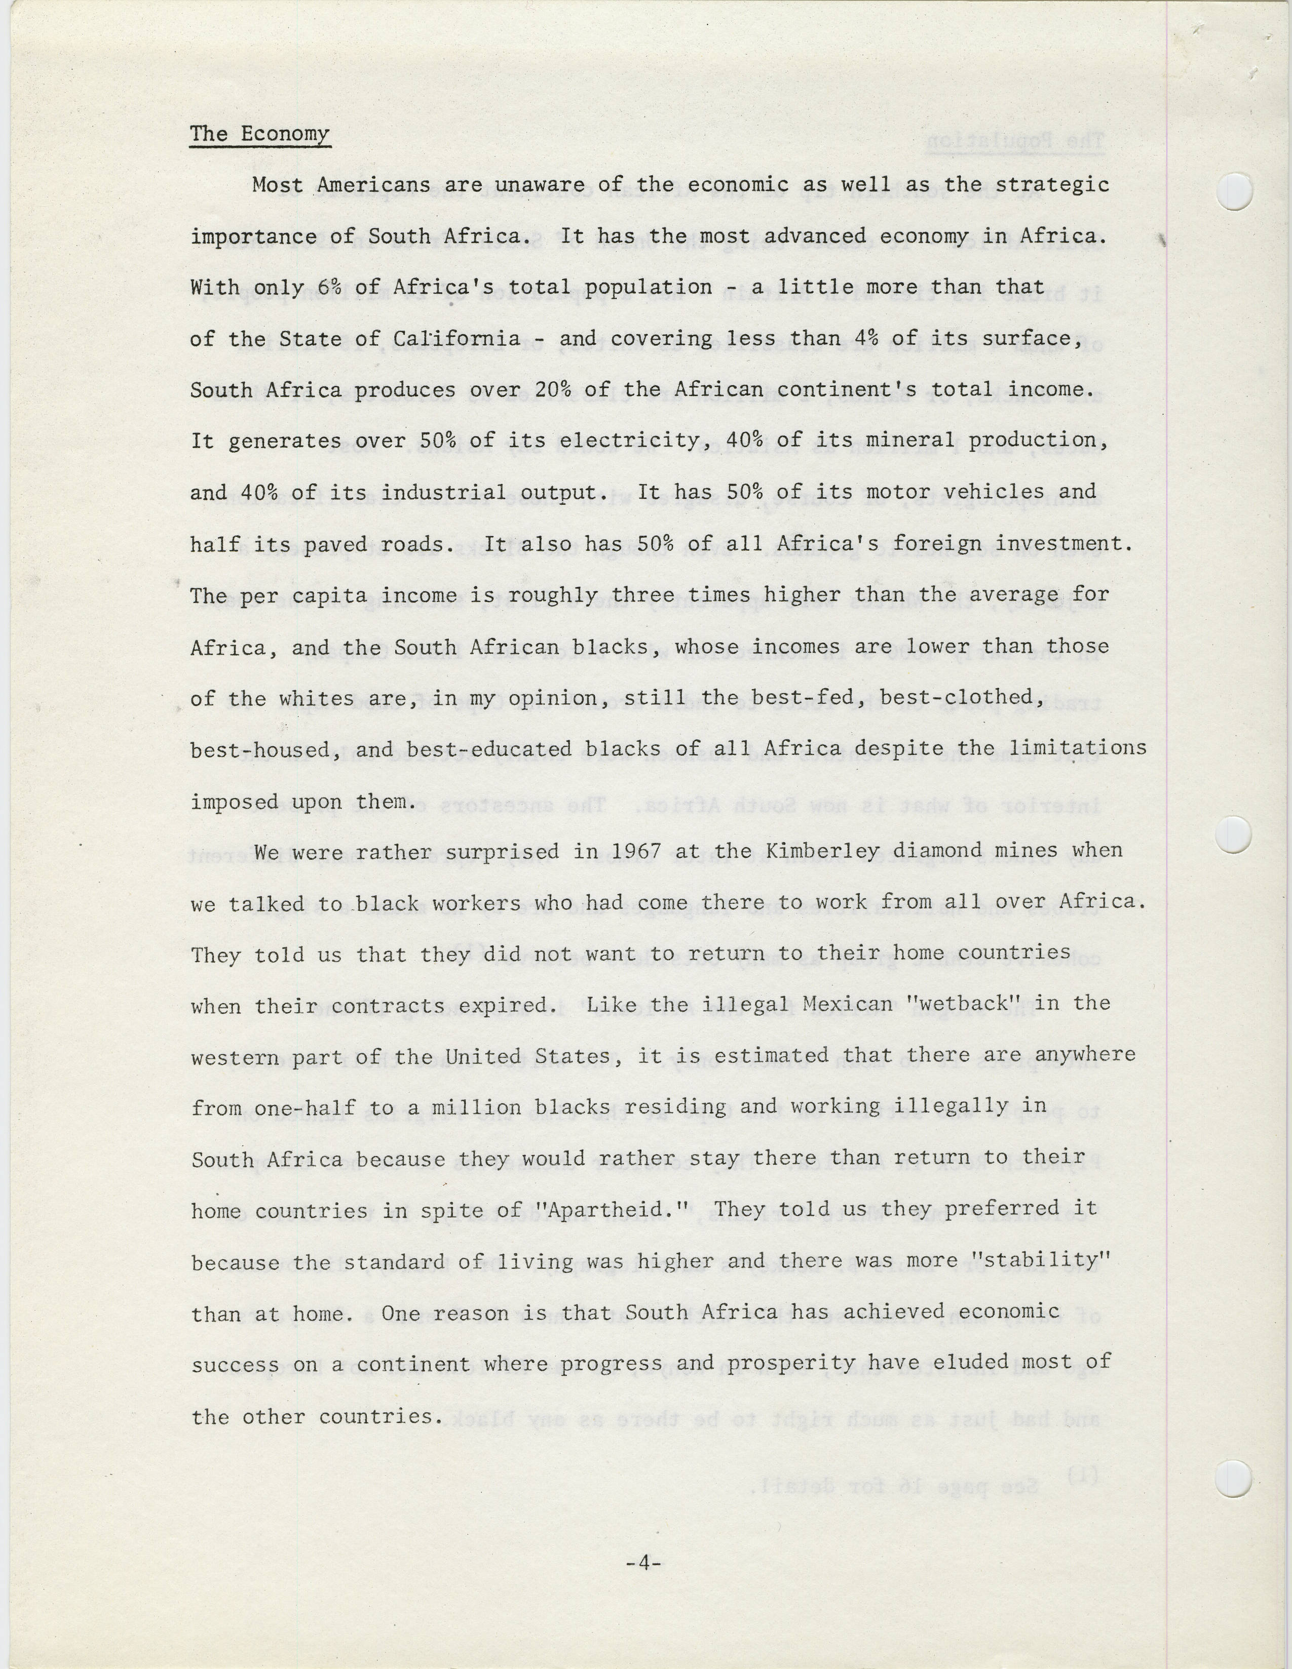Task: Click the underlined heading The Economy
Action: pyautogui.click(x=260, y=134)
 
